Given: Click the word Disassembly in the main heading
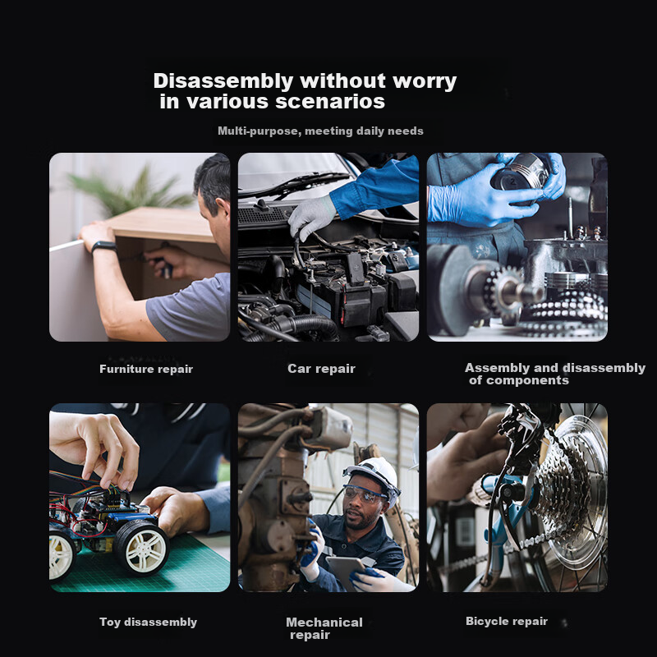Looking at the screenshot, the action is [x=223, y=81].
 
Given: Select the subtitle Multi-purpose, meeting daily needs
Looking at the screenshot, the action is [x=320, y=131].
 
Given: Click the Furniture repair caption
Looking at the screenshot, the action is [x=146, y=369].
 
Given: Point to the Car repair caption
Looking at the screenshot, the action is [x=321, y=369].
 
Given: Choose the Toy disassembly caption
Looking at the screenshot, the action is [x=149, y=623].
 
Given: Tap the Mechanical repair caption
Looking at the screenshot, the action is [x=324, y=628].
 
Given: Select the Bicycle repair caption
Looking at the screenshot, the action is [x=507, y=622].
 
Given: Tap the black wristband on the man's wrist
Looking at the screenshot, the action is [x=104, y=247].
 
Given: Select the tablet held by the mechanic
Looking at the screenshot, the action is [x=346, y=572].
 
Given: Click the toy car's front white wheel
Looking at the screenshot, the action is [x=141, y=547].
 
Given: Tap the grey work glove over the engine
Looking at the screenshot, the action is [x=311, y=218].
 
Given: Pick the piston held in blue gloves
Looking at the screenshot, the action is [x=520, y=172].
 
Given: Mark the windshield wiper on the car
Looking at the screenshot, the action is [x=293, y=184].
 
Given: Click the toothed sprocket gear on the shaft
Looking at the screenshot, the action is [x=503, y=288].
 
